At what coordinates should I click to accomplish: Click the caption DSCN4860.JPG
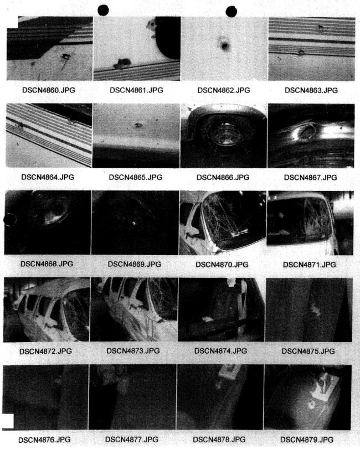[49, 90]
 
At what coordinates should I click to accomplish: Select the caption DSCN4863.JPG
[311, 90]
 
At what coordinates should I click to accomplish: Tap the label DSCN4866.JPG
[223, 177]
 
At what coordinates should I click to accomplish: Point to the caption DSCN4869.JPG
[135, 264]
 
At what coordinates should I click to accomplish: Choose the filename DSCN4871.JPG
[310, 265]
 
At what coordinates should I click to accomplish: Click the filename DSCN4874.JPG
[220, 351]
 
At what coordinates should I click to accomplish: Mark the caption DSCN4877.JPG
[132, 439]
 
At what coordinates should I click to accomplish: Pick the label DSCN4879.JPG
[307, 439]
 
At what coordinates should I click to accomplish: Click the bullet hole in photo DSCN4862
[224, 45]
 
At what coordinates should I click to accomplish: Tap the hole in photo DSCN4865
[138, 126]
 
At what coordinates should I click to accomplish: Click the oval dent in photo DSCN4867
[307, 131]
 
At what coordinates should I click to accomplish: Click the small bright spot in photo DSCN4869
[133, 223]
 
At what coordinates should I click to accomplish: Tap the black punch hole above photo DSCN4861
[103, 11]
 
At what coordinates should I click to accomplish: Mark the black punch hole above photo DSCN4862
[232, 12]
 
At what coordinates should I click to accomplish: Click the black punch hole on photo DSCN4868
[10, 220]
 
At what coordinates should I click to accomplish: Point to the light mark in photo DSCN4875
[316, 310]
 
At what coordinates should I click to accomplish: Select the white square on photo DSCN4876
[8, 421]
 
